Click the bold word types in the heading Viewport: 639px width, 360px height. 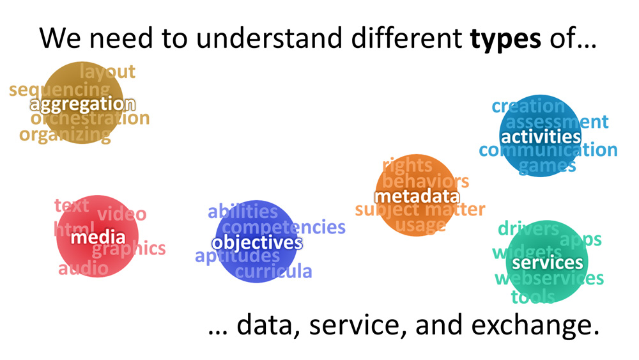[x=505, y=39]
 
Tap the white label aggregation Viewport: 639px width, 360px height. [x=82, y=105]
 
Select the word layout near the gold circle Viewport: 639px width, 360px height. [x=107, y=72]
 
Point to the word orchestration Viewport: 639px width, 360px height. [x=90, y=118]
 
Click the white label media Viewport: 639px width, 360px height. [x=98, y=237]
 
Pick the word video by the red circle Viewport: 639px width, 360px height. [x=122, y=214]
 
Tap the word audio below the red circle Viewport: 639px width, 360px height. [x=84, y=269]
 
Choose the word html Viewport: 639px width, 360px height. [x=74, y=228]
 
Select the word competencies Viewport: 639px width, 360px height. [x=284, y=227]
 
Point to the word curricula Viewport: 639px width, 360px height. [x=273, y=271]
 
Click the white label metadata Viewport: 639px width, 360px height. [x=417, y=196]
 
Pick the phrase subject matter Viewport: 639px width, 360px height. [x=420, y=210]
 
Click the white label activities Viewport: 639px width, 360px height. [x=541, y=137]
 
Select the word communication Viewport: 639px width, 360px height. [x=548, y=150]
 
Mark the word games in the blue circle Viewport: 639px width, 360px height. [x=548, y=166]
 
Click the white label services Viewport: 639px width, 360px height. [x=548, y=263]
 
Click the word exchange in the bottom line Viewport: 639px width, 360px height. [x=535, y=325]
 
